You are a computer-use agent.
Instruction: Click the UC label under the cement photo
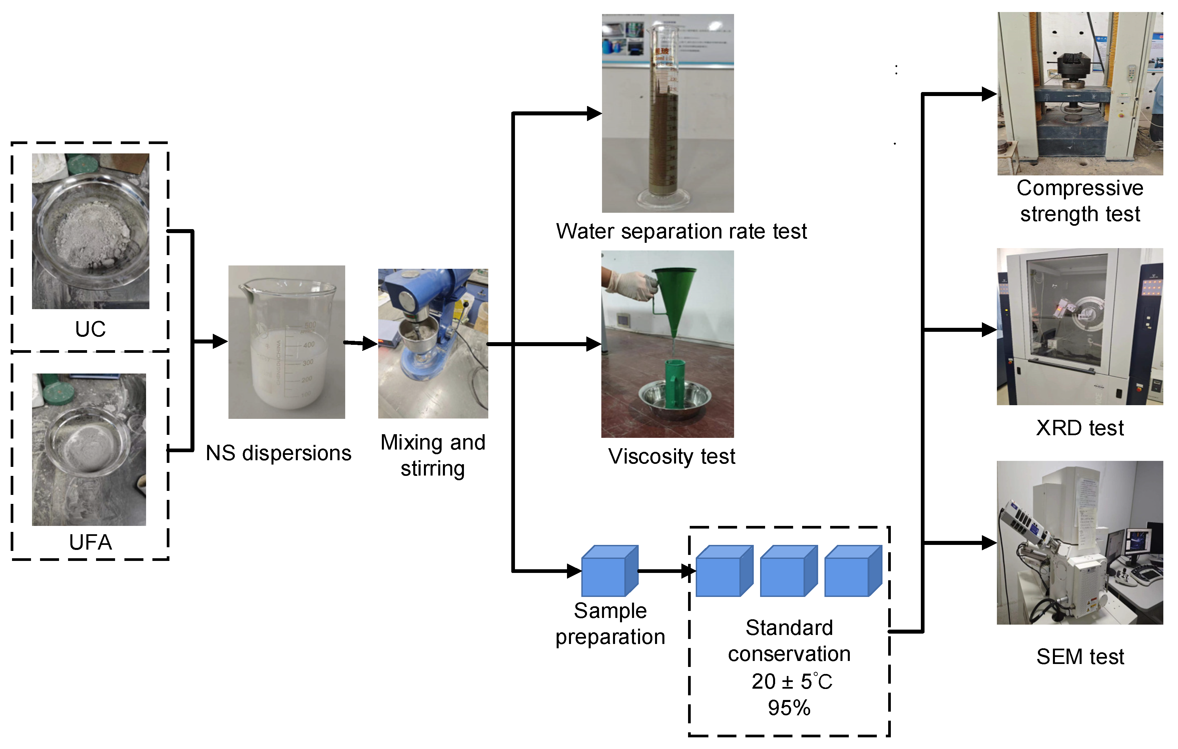[90, 329]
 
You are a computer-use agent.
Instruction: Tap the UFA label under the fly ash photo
[90, 542]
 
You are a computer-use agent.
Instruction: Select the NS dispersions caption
[278, 453]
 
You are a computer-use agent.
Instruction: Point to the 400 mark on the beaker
[309, 345]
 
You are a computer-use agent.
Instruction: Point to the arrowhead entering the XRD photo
[989, 330]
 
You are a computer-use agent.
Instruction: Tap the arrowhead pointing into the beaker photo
[220, 341]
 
